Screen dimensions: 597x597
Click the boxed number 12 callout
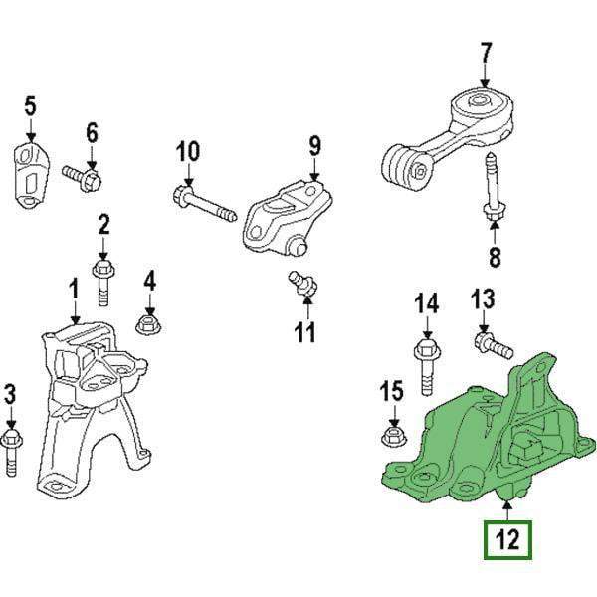507,540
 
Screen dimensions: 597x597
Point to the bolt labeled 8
493,186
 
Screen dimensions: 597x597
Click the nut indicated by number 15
394,436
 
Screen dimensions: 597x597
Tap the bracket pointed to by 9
289,219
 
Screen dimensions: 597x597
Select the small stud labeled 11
302,284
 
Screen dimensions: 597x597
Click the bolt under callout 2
103,283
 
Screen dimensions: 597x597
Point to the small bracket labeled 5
31,175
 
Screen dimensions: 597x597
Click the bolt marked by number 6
82,178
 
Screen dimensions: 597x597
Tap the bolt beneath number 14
427,366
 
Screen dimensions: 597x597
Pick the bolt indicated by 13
494,345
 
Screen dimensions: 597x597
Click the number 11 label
305,331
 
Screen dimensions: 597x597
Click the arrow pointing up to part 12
507,510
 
